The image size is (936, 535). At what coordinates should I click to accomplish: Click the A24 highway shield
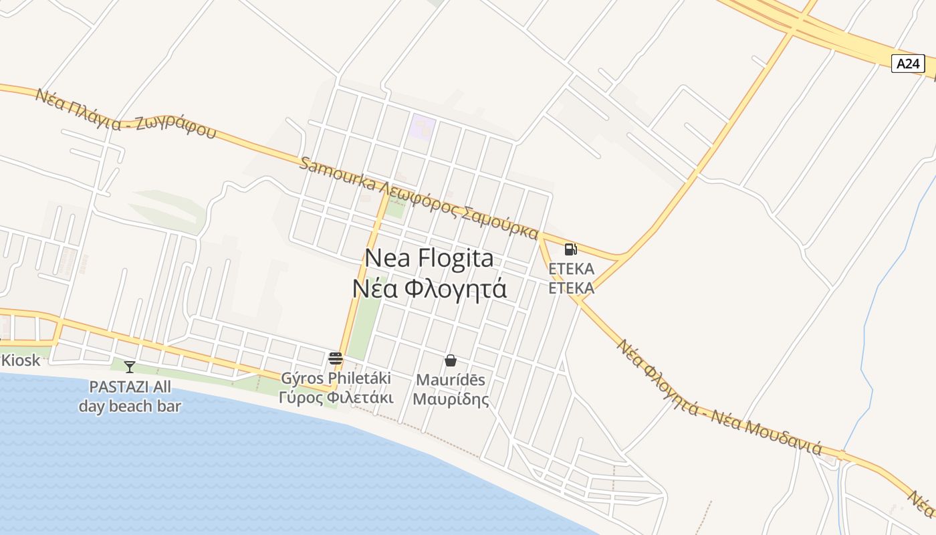[907, 64]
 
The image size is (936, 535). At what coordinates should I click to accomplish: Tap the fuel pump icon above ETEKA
[570, 249]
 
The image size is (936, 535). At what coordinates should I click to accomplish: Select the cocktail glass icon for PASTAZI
[130, 366]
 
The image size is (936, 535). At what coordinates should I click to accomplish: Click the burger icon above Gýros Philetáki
[336, 358]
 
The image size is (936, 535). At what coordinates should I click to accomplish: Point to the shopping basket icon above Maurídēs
[451, 360]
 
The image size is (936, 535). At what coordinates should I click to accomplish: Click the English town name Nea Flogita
[429, 258]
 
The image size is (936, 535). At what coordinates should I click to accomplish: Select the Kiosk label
[21, 360]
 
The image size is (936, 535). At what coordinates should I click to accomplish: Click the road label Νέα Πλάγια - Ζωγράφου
[126, 113]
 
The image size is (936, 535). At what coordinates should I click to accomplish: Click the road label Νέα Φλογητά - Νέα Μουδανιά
[718, 397]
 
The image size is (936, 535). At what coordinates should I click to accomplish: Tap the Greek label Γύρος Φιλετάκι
[336, 397]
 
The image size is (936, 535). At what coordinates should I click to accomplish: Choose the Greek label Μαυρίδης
[451, 399]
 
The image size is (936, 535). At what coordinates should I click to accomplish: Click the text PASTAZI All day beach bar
[130, 396]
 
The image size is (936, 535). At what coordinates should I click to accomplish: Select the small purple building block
[423, 126]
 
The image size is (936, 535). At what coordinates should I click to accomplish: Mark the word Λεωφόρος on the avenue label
[419, 201]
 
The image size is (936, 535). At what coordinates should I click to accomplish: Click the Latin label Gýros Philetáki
[336, 378]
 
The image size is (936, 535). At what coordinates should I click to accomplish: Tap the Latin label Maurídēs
[451, 380]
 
